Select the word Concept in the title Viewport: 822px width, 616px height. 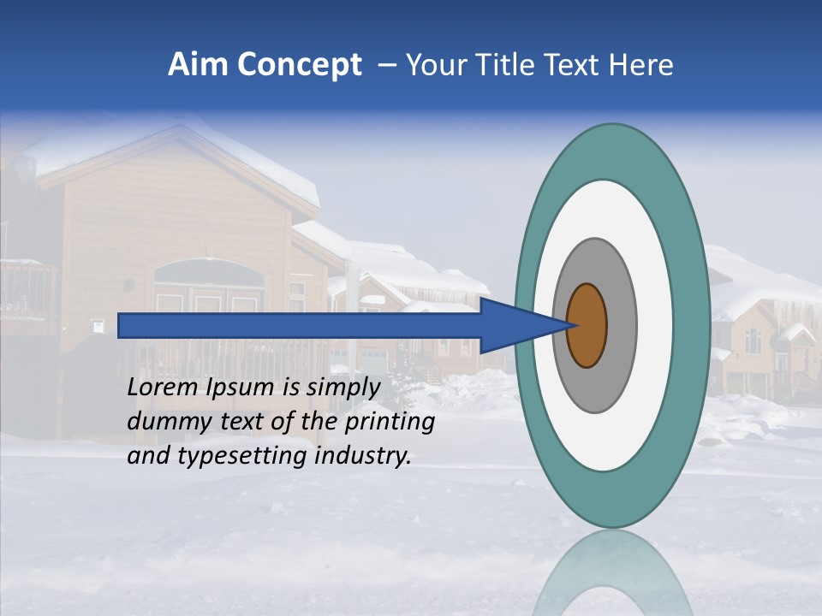coord(300,65)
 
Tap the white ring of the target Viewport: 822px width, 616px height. coord(654,325)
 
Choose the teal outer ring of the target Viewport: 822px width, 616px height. coord(692,325)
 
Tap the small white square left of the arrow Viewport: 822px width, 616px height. coord(98,325)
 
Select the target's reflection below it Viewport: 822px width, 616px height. coord(611,573)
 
